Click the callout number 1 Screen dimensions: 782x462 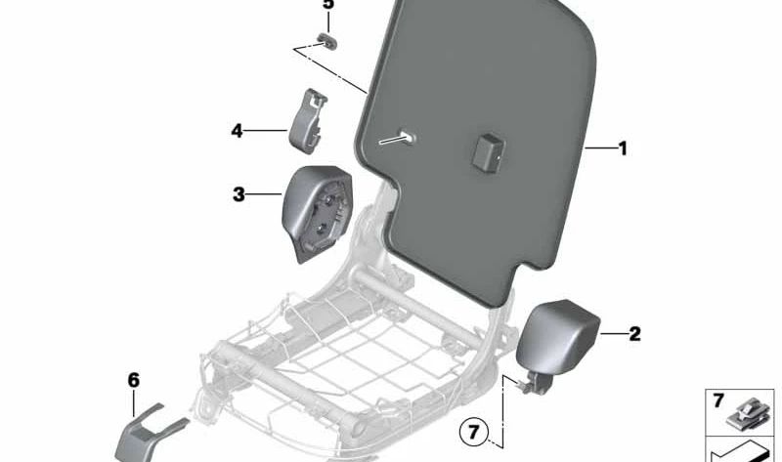(623, 148)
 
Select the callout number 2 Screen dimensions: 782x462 (634, 334)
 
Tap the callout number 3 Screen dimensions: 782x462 (239, 194)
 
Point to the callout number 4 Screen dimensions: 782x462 (237, 131)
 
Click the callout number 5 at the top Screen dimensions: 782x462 (328, 4)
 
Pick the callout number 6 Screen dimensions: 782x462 (133, 380)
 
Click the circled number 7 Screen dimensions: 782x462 (473, 431)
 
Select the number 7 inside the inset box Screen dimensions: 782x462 (718, 400)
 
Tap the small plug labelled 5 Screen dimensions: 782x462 (327, 41)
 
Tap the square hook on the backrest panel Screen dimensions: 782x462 (487, 152)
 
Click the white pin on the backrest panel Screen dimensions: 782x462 (398, 138)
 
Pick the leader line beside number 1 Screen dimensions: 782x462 (600, 148)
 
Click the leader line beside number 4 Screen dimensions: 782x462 (266, 131)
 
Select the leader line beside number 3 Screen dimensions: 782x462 (265, 193)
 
